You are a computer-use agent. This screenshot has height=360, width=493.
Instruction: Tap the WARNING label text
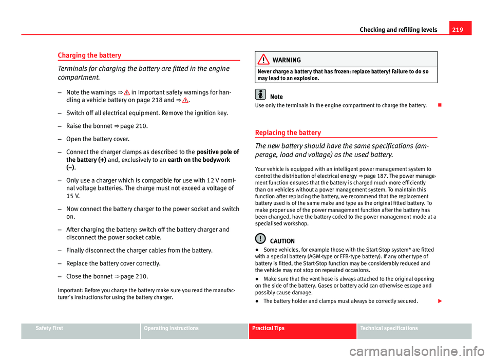coord(290,60)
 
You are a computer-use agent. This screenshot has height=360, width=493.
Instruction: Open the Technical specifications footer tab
coord(389,328)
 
